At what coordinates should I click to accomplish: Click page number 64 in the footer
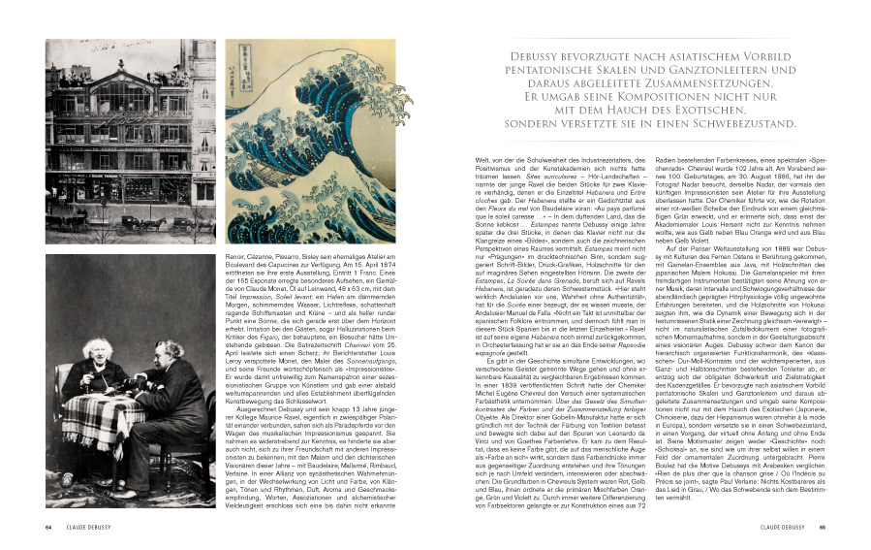[x=48, y=528]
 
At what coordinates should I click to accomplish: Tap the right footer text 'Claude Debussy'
[x=777, y=528]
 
